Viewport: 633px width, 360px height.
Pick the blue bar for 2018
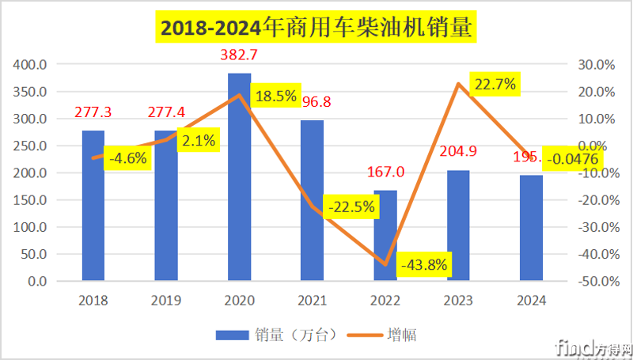93,206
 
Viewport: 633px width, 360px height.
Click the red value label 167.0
385,172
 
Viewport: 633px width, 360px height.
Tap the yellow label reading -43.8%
425,263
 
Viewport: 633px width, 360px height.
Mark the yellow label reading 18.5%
275,97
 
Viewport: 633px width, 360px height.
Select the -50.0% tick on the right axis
590,282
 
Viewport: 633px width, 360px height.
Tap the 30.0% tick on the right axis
592,65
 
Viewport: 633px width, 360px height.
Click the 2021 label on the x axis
313,301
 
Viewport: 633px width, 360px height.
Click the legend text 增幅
401,335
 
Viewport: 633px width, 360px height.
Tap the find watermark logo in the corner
593,347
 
